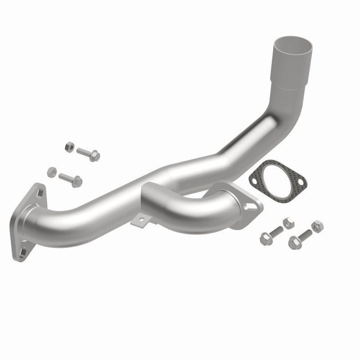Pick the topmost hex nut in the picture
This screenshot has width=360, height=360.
click(69, 146)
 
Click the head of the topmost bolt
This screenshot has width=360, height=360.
click(94, 156)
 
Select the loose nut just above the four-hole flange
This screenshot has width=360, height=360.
click(52, 172)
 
